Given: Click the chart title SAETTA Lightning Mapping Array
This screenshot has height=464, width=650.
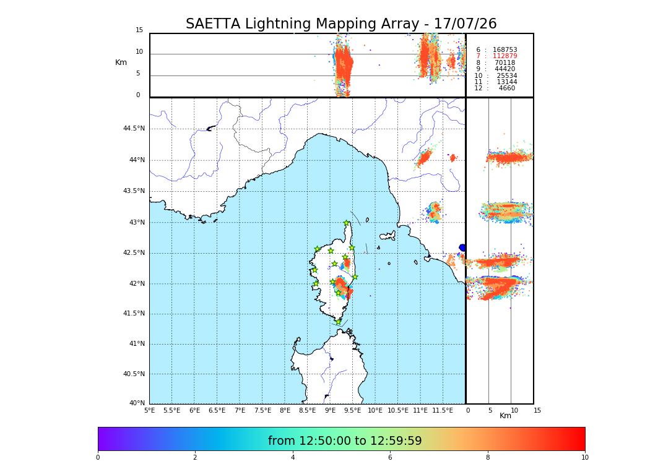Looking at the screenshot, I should coord(341,24).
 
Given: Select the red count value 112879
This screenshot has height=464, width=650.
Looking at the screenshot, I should coord(505,56).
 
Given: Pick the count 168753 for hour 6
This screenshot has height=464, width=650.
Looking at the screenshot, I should coord(505,50).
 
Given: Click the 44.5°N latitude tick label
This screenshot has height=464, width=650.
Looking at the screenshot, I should coord(134,129).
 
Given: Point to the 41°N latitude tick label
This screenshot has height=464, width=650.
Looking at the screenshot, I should coord(136,344).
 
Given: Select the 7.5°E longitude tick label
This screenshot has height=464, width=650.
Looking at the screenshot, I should coord(262,410).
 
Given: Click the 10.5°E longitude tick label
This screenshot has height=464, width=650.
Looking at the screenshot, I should coord(398,410).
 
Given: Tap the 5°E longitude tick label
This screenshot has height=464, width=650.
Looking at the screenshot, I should coord(149,410).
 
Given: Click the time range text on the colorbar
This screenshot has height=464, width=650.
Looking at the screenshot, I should coord(345,441).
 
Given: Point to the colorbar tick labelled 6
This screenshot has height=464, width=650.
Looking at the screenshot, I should coord(390,457).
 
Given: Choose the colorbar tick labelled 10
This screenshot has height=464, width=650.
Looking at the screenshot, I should coord(584,457).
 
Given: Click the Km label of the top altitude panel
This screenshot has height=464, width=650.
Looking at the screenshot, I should coord(121,62).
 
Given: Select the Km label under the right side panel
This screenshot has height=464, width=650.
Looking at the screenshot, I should coord(505,416).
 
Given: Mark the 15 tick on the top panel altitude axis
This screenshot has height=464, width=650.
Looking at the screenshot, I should coord(139,30).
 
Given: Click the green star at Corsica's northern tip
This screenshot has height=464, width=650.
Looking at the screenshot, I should coord(347,223).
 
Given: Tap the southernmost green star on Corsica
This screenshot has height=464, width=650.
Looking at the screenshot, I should coord(338,322).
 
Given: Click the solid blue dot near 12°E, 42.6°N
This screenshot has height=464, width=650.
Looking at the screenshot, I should coord(462,247).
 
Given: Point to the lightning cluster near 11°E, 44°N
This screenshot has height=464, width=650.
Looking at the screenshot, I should coord(424,158).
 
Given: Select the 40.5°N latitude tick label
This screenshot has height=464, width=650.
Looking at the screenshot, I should coord(134,374).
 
